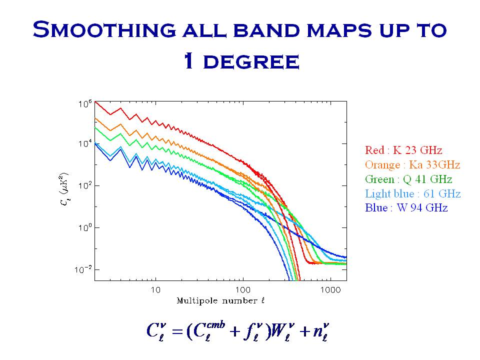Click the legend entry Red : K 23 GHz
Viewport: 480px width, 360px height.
click(403, 150)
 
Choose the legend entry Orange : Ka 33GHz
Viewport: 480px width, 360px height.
click(412, 164)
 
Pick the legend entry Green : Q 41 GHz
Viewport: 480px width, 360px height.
click(408, 179)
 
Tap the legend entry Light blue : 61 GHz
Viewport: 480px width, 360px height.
click(413, 193)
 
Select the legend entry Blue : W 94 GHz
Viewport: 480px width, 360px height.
click(406, 207)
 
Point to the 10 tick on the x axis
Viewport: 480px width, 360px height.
click(155, 289)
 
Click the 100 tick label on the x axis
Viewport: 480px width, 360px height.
click(242, 289)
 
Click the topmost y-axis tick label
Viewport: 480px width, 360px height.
click(84, 104)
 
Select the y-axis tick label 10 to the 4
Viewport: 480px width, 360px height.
click(84, 144)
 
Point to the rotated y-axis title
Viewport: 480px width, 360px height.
click(66, 190)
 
